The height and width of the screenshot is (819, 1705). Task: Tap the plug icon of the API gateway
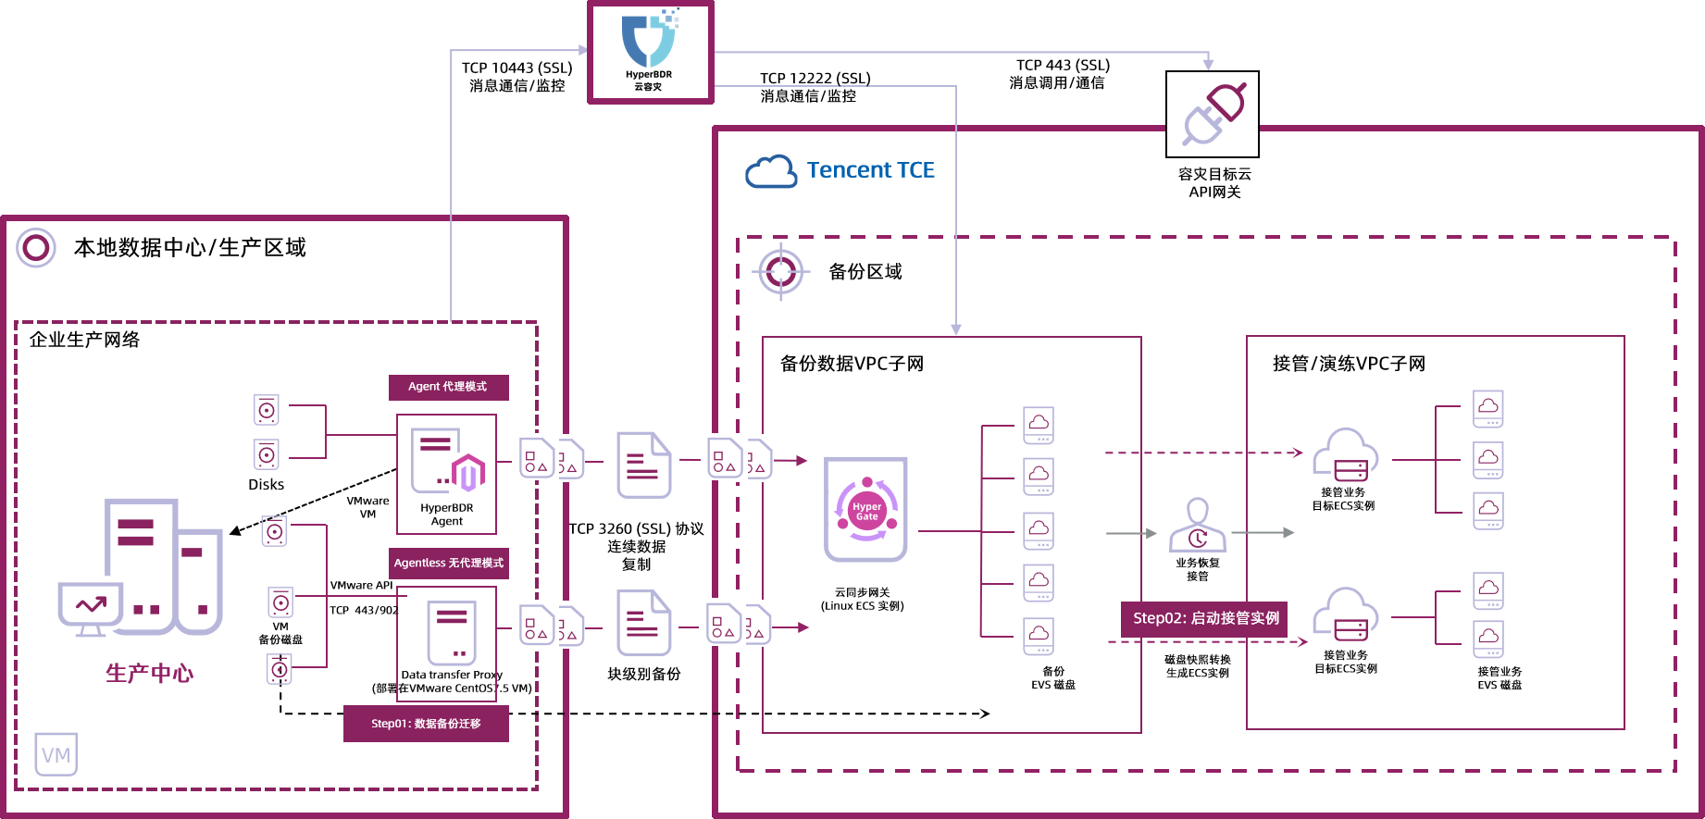coord(1213,114)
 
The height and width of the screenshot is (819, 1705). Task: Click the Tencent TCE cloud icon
coord(771,172)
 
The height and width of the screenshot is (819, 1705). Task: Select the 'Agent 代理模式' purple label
coord(448,387)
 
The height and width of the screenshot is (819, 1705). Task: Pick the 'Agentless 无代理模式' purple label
coord(449,563)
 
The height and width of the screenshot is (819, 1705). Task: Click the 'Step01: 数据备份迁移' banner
coord(426,724)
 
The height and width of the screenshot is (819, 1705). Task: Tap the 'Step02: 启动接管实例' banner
coord(1205,618)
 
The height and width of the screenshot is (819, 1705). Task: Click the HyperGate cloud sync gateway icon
coord(866,509)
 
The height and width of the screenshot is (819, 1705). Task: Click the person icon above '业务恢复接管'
coord(1198,525)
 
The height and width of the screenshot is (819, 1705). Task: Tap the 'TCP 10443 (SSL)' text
coord(517,68)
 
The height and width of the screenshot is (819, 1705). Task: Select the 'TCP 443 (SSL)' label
coord(1063,65)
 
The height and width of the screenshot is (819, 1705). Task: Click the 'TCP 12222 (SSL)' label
coord(815,78)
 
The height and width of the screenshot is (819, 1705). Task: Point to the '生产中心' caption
coord(150,673)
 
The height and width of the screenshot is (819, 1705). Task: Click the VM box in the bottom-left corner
coord(56,755)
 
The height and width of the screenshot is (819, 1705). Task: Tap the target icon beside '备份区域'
coord(781,272)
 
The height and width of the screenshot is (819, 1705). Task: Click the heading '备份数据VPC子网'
coord(852,364)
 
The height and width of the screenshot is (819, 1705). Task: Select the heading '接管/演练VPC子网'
coord(1350,364)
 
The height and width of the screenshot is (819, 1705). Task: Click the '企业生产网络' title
coord(85,340)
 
